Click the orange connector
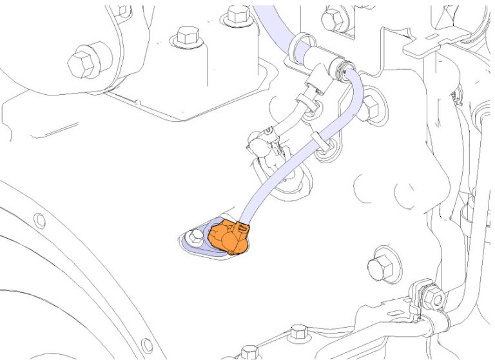click(228, 237)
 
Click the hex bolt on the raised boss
click(186, 36)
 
